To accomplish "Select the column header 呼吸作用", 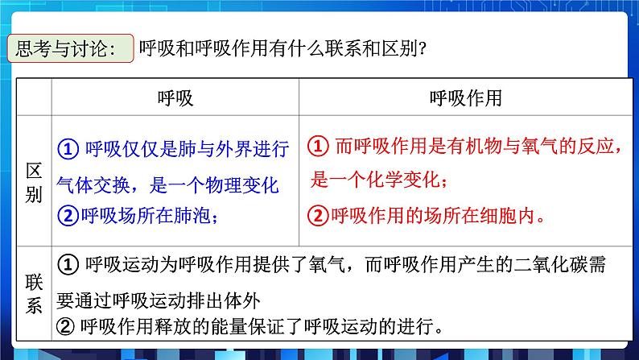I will click(x=466, y=98).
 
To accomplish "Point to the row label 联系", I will click(x=33, y=294).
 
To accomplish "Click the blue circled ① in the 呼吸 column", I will click(x=68, y=149).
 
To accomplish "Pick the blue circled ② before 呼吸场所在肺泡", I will click(x=68, y=215).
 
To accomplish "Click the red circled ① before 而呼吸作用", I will click(x=319, y=147).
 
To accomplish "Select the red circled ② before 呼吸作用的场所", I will click(x=319, y=215).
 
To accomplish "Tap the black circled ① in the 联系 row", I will click(x=68, y=263).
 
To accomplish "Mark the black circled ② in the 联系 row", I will click(x=68, y=327).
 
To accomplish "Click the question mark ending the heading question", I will click(x=423, y=49).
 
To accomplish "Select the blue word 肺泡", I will click(x=200, y=215).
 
